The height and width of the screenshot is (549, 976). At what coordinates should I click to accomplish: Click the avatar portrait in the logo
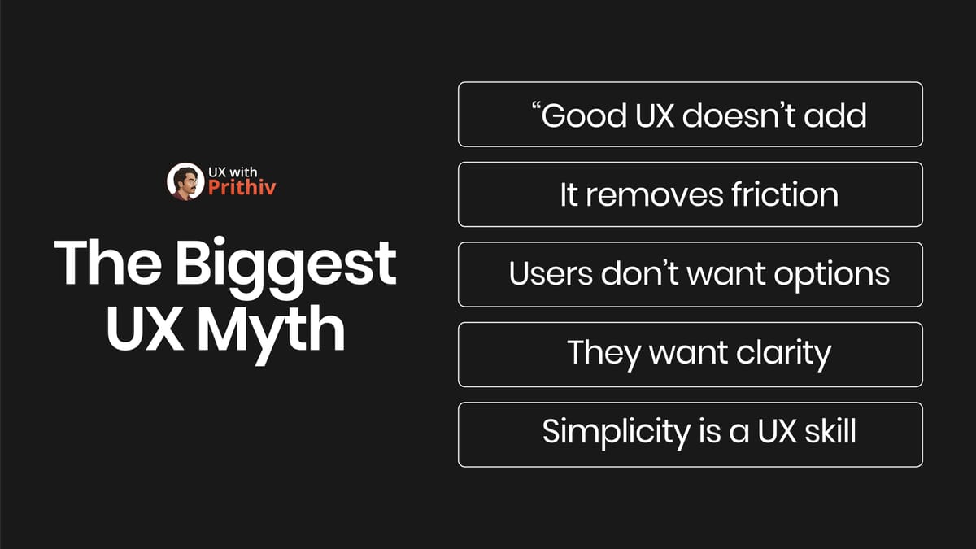(x=184, y=182)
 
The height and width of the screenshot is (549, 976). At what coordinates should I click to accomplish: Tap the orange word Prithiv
(x=237, y=190)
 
